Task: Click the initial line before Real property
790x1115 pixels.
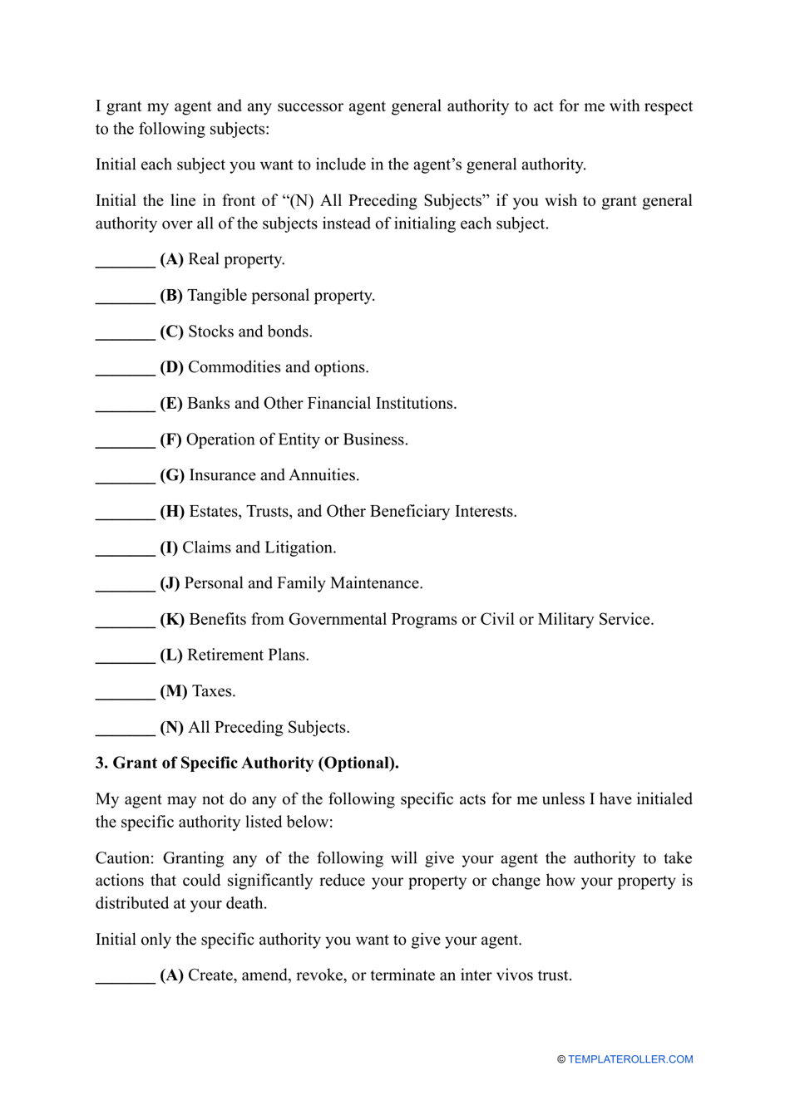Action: (x=125, y=264)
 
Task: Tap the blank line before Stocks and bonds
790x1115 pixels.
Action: (x=125, y=336)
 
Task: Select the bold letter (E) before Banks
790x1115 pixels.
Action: (x=171, y=404)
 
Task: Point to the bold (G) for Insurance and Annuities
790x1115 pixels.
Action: (x=172, y=475)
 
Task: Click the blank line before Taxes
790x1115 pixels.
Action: (x=125, y=696)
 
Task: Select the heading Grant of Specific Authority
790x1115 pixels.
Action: (x=255, y=763)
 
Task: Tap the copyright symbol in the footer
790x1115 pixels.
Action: (x=561, y=1059)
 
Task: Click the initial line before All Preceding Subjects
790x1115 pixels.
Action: (x=125, y=732)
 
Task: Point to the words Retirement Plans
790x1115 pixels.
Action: (x=248, y=656)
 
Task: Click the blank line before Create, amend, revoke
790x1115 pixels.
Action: (x=125, y=980)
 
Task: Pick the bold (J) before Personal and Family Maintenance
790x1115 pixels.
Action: (x=170, y=583)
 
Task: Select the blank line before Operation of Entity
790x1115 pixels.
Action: (x=125, y=445)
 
